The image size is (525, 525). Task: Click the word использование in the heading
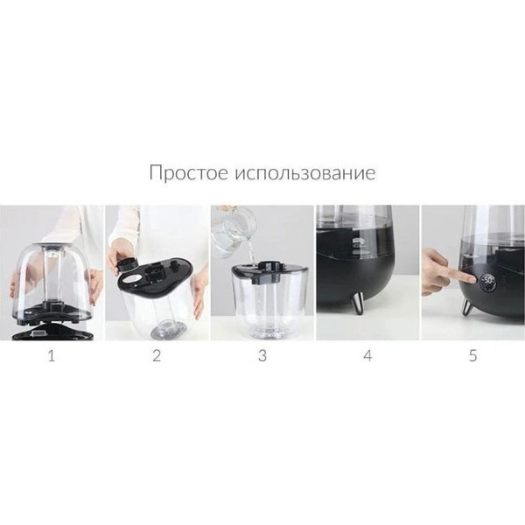coord(304,172)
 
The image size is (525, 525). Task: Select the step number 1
coord(51,355)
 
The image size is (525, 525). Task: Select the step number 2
coord(157,355)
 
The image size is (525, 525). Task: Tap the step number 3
coord(262,355)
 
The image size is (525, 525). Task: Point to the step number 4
coord(367,355)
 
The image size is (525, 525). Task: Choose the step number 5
coord(472,355)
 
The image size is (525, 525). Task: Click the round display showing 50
coord(486,281)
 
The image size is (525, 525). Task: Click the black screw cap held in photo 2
coord(123,260)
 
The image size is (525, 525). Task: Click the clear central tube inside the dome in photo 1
coord(50,271)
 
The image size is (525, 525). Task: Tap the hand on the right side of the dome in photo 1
coord(94,284)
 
